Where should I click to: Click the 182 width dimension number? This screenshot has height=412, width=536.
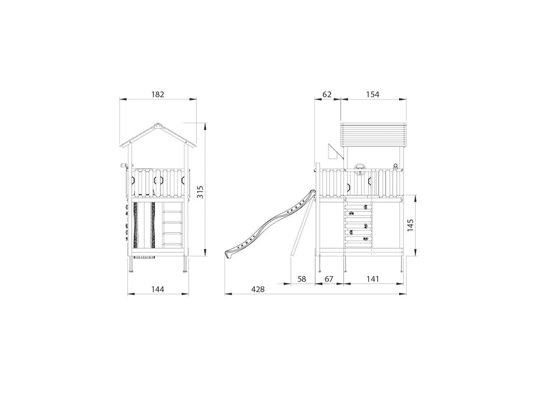(x=158, y=94)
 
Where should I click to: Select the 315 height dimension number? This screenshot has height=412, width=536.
(x=200, y=192)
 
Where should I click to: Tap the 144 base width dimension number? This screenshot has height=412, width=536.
(x=158, y=289)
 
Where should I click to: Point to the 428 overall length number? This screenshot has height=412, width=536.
(x=258, y=289)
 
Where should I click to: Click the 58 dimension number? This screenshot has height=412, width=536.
(x=302, y=279)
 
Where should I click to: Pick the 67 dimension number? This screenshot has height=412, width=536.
(x=329, y=279)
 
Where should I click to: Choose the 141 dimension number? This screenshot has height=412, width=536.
(x=373, y=279)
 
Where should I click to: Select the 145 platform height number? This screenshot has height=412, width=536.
(x=410, y=225)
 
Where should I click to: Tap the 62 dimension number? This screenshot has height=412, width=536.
(x=327, y=94)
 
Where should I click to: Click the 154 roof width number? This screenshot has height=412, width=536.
(x=373, y=94)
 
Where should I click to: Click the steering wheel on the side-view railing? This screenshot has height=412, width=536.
(x=360, y=167)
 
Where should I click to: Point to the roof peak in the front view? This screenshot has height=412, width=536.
(x=158, y=124)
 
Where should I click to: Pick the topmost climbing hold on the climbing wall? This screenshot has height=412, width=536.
(x=365, y=207)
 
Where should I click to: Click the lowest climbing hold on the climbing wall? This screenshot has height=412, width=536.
(x=365, y=239)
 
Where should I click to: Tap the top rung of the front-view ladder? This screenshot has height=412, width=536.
(x=173, y=212)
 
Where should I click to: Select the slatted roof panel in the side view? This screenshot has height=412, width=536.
(x=373, y=135)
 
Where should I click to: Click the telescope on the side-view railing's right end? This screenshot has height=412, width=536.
(x=396, y=166)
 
